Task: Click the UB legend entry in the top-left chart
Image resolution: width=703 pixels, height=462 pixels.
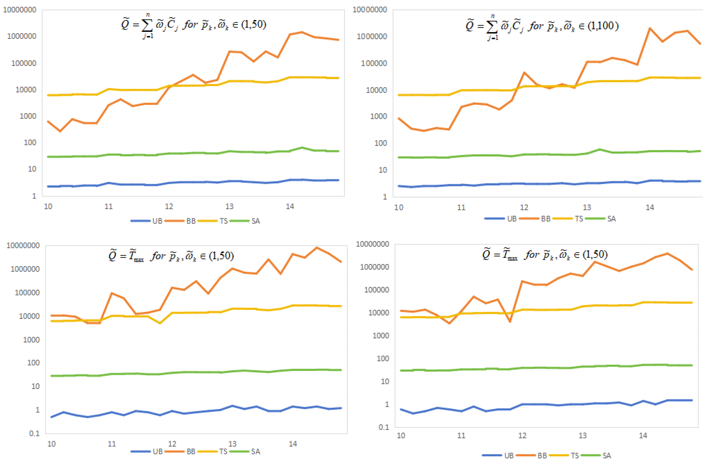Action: (157, 221)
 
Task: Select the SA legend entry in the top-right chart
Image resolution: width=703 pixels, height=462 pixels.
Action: (611, 219)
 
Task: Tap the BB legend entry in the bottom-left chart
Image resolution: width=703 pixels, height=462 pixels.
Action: (191, 451)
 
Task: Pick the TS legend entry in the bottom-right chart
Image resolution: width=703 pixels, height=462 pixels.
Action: (574, 455)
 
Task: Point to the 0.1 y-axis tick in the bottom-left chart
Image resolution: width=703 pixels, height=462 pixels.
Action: (34, 433)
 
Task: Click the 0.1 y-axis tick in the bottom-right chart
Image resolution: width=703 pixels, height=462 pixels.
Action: (384, 427)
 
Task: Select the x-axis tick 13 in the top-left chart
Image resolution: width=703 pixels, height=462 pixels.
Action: (229, 206)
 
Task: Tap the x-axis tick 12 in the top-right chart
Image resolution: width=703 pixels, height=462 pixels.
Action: (524, 207)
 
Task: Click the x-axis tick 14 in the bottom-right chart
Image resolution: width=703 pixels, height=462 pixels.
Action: (643, 436)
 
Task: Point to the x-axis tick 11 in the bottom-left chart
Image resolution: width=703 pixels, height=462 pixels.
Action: (112, 444)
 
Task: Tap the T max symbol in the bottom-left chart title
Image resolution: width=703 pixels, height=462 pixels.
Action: (135, 256)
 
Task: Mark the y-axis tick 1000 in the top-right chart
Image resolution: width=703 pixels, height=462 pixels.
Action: (378, 116)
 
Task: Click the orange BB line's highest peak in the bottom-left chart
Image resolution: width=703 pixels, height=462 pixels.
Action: (317, 248)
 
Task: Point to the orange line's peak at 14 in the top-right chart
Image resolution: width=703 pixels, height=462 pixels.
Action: (649, 28)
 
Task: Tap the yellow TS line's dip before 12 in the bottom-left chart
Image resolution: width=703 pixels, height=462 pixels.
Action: (160, 323)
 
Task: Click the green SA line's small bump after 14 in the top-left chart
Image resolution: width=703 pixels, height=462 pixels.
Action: (302, 147)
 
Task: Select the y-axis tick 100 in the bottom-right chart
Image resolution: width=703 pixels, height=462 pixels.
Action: (383, 358)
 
